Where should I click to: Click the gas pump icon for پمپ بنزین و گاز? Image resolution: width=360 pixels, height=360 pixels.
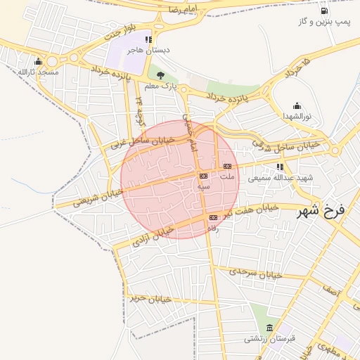click(x=323, y=11)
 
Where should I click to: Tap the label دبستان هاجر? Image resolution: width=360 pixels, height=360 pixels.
click(x=148, y=51)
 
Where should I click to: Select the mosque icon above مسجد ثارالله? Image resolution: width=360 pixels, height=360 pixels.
click(x=38, y=61)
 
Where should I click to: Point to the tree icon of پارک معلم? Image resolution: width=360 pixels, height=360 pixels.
click(x=160, y=75)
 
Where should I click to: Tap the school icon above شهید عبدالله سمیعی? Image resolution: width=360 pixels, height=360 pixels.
click(x=280, y=167)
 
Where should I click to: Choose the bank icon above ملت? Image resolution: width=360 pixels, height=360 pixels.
click(x=226, y=166)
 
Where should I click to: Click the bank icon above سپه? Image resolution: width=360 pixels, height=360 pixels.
click(x=203, y=176)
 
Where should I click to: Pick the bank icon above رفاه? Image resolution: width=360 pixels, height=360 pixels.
click(x=212, y=218)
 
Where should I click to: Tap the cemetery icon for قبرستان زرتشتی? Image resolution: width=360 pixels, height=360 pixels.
click(x=270, y=328)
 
